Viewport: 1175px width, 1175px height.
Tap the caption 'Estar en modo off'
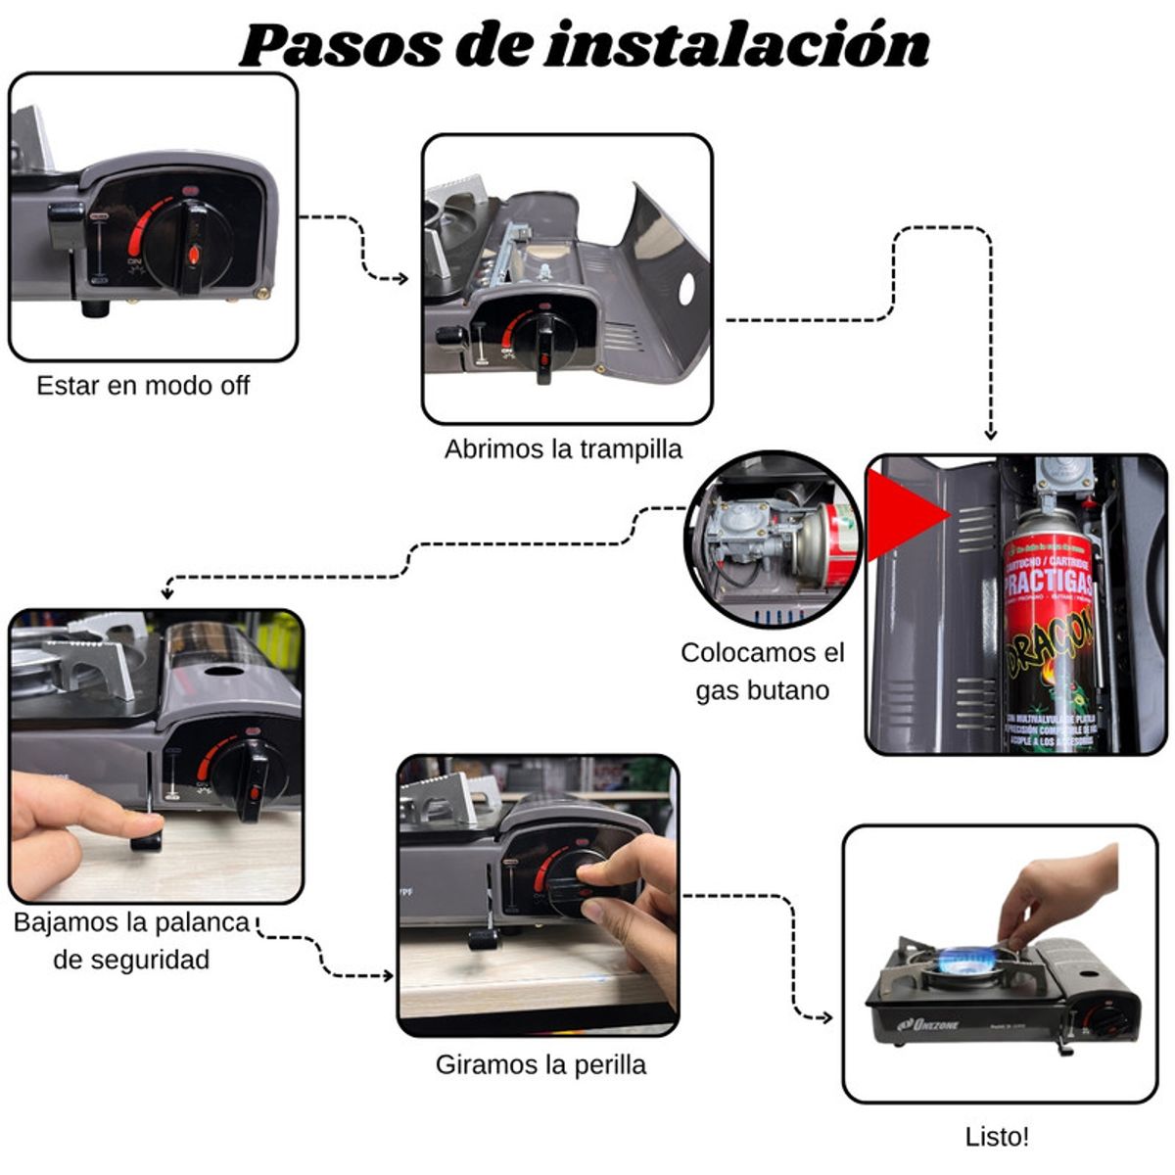point(143,386)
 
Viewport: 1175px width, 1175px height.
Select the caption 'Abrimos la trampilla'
point(563,449)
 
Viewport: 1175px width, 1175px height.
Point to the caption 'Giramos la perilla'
point(540,1064)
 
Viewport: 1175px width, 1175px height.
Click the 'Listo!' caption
point(997,1137)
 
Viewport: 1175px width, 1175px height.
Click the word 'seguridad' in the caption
point(131,960)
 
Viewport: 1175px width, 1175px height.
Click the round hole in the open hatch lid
point(686,287)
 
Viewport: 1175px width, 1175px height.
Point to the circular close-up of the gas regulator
point(772,540)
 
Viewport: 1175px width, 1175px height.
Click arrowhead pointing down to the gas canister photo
point(990,434)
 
